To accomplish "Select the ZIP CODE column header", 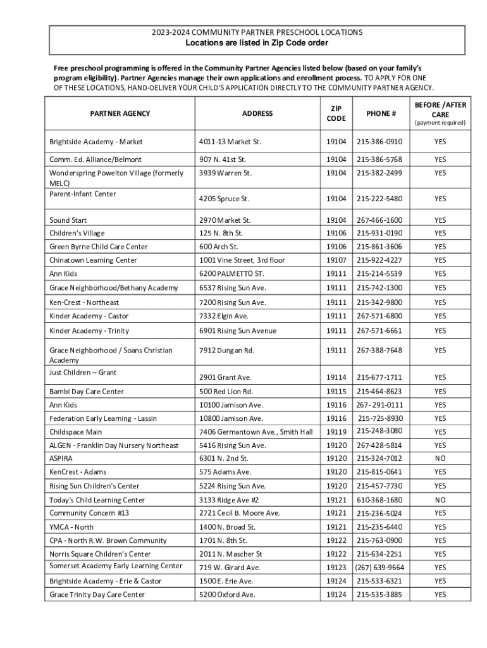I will (336, 113).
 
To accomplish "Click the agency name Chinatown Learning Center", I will (93, 260).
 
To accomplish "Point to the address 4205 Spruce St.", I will (224, 199).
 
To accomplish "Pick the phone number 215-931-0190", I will (379, 233).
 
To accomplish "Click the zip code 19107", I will (336, 260).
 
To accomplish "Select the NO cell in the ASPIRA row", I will (440, 458).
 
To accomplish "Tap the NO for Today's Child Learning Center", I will (440, 499).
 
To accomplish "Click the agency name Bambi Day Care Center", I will (87, 391).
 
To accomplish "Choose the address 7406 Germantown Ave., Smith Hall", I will (256, 432).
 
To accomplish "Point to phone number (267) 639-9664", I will (380, 567).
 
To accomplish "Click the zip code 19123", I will (336, 567).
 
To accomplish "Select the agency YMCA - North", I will (71, 526).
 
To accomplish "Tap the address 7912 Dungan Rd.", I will (226, 350).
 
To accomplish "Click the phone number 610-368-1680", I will (379, 499).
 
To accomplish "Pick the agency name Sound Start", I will (68, 220).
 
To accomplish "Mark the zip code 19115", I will (336, 391).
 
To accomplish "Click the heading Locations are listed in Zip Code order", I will (257, 43).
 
